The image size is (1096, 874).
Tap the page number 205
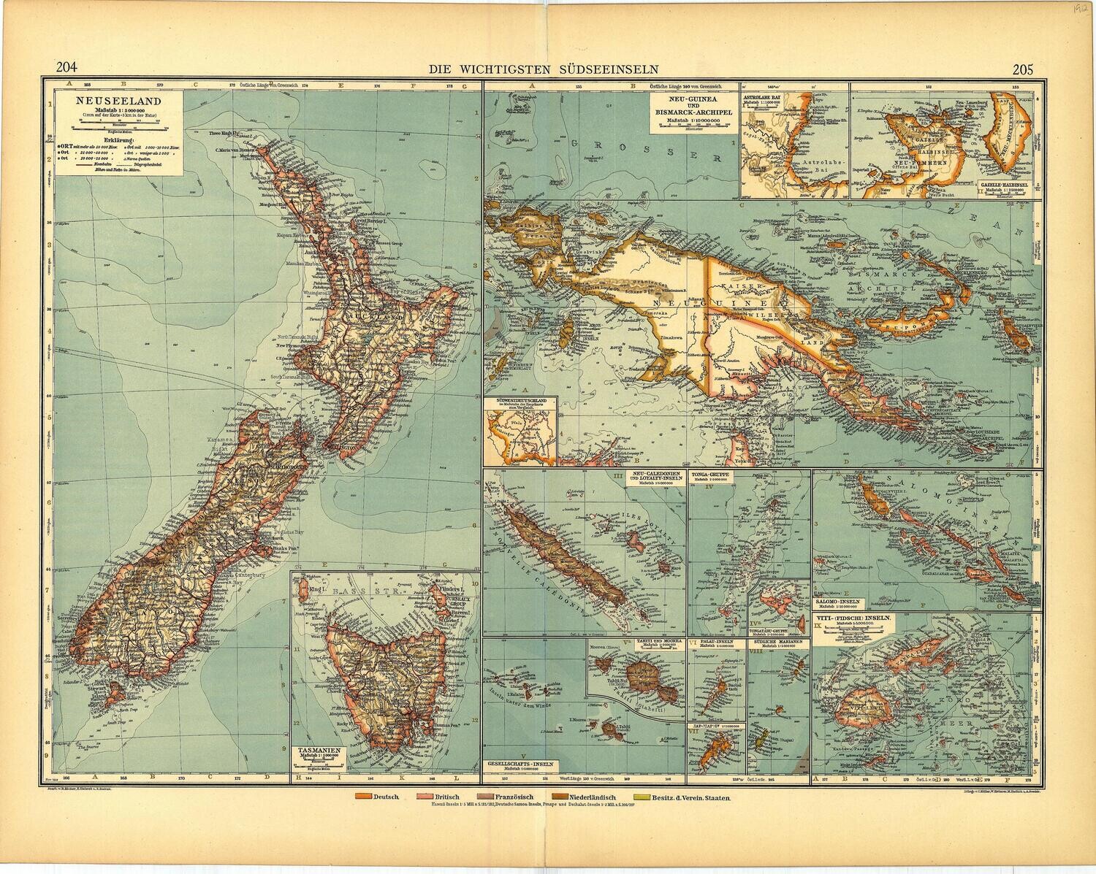pyautogui.click(x=1024, y=70)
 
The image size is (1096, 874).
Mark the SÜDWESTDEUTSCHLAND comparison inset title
pyautogui.click(x=520, y=401)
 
